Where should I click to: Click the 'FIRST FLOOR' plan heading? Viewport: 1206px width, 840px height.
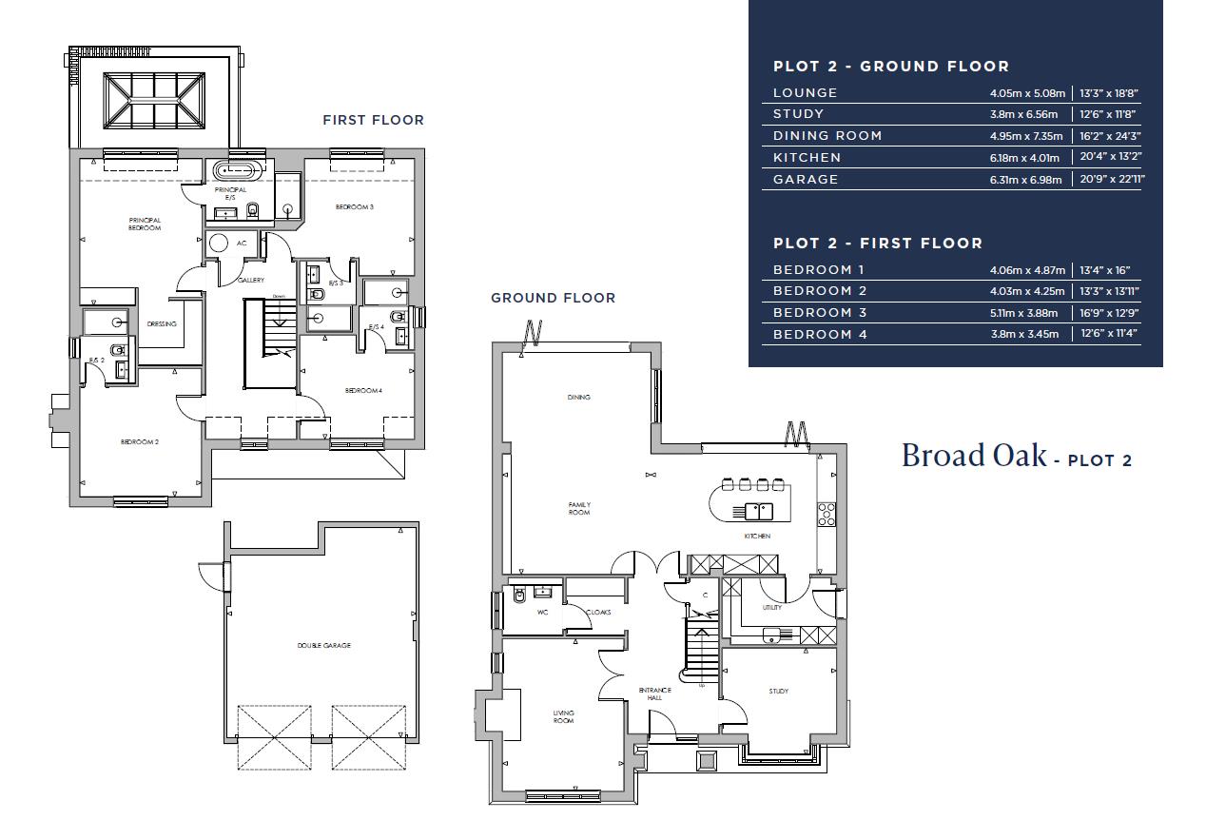pyautogui.click(x=373, y=120)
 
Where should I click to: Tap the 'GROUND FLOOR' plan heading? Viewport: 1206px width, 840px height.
pyautogui.click(x=553, y=298)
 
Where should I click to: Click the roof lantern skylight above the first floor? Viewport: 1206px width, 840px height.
pyautogui.click(x=154, y=100)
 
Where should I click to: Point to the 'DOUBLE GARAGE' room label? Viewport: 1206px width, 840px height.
pyautogui.click(x=323, y=645)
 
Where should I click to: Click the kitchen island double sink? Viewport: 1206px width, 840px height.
pyautogui.click(x=759, y=511)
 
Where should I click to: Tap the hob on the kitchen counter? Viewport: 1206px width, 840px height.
pyautogui.click(x=827, y=515)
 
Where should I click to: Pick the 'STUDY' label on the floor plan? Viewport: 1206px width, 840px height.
pyautogui.click(x=779, y=691)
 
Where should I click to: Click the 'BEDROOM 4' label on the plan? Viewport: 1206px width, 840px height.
pyautogui.click(x=363, y=390)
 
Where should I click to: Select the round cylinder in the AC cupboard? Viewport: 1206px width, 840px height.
pyautogui.click(x=219, y=243)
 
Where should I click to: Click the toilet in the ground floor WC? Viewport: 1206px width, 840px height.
pyautogui.click(x=519, y=596)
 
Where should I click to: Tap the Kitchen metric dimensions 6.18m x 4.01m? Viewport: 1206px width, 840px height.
pyautogui.click(x=1024, y=158)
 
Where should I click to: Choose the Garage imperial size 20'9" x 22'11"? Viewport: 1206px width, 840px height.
pyautogui.click(x=1113, y=179)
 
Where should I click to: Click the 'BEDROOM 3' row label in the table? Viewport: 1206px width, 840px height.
pyautogui.click(x=820, y=313)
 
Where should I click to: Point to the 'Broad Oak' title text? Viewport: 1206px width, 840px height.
pyautogui.click(x=974, y=456)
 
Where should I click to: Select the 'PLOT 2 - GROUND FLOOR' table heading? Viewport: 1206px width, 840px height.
pyautogui.click(x=891, y=67)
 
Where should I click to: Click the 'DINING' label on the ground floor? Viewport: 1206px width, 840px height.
pyautogui.click(x=579, y=398)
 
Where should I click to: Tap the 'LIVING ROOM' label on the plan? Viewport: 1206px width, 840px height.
pyautogui.click(x=564, y=716)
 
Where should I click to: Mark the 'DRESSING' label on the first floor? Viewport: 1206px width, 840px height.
pyautogui.click(x=162, y=324)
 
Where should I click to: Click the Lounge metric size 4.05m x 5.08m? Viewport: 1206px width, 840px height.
pyautogui.click(x=1027, y=93)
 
